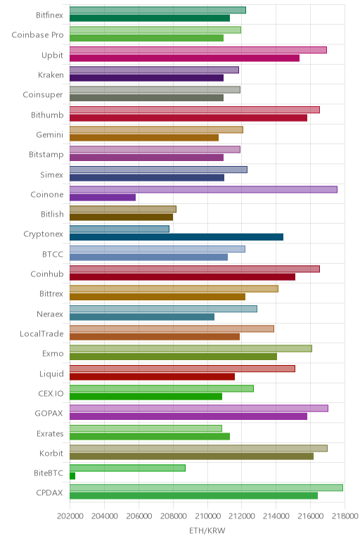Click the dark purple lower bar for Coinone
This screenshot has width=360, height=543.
coord(103,198)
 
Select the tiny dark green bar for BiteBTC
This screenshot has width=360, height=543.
coord(72,476)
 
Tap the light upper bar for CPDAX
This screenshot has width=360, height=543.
coord(206,487)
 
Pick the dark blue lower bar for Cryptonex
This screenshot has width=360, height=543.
coord(176,237)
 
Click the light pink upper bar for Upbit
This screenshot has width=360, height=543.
coord(198,50)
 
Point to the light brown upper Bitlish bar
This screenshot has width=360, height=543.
coord(123,209)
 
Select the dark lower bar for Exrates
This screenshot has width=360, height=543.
coord(150,436)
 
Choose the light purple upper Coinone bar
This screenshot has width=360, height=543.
coord(203,189)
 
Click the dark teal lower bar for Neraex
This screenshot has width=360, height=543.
coord(142,317)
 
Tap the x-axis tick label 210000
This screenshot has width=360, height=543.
coord(207,516)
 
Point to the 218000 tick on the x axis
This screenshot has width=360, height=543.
coord(345,516)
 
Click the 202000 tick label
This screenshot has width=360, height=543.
coord(70,516)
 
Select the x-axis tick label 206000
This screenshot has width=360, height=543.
coord(139,516)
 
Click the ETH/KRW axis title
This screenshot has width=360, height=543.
coord(207,530)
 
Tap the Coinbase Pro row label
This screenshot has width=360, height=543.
coord(37,35)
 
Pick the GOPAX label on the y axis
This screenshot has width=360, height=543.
coord(49,414)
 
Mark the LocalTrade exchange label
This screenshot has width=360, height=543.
coord(41,334)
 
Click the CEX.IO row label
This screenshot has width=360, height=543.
coord(51,394)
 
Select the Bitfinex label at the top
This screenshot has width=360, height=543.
coord(49,15)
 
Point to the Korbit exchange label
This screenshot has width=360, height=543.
coord(51,453)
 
